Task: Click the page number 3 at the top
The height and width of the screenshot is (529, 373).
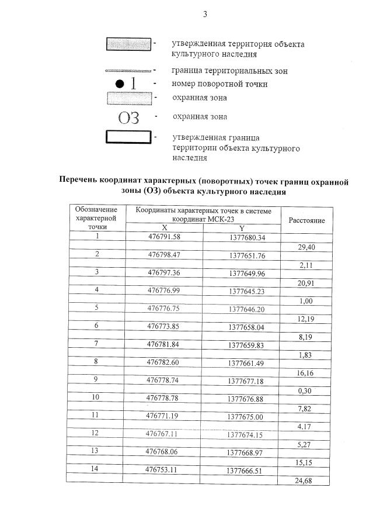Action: (204, 15)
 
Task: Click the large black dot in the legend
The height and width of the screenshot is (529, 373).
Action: (119, 84)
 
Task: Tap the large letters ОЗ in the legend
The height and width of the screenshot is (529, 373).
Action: (128, 117)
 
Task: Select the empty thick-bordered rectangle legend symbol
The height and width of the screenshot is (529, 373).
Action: (128, 138)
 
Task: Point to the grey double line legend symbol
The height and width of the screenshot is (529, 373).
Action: (128, 70)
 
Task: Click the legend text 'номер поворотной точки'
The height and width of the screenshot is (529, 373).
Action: (219, 84)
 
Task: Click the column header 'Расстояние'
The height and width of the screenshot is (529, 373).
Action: (306, 220)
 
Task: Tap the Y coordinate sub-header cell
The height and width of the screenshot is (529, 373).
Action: (242, 228)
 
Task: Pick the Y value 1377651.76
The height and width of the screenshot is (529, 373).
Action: (247, 255)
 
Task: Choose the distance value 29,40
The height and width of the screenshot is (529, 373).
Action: (306, 247)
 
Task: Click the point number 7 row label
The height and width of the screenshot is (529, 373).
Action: (96, 343)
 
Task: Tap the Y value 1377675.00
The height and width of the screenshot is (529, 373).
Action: (246, 416)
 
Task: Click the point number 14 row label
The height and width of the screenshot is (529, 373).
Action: (96, 469)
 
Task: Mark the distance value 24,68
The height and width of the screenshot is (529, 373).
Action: (306, 480)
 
